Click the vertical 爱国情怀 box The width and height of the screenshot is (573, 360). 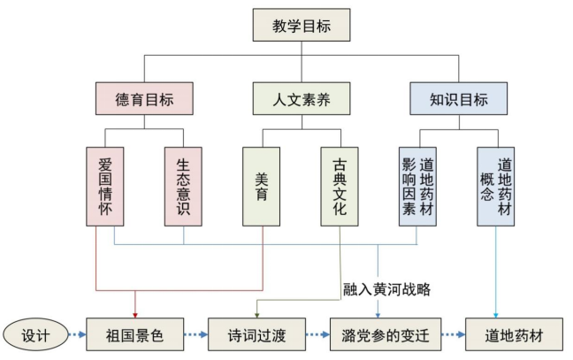[x=105, y=187]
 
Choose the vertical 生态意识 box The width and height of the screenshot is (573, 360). [x=183, y=187]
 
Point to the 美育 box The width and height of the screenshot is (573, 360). [x=262, y=187]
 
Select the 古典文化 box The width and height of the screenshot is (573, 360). [x=340, y=187]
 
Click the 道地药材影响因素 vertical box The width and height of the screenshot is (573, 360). [x=417, y=187]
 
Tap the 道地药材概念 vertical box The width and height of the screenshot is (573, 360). [x=495, y=187]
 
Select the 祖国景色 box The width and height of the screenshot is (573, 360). [x=135, y=336]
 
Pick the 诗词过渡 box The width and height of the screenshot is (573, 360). [x=256, y=336]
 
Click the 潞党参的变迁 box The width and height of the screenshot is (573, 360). [x=379, y=336]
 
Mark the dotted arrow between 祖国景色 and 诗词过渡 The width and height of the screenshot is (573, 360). [x=196, y=336]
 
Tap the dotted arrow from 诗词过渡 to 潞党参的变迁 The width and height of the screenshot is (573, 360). [x=317, y=336]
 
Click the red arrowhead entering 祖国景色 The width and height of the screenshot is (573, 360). [x=135, y=313]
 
